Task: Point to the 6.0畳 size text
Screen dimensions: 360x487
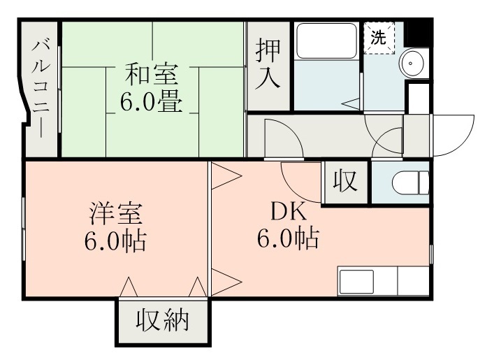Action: click(151, 103)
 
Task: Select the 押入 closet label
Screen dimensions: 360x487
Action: click(268, 64)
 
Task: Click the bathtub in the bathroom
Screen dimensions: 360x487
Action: click(326, 41)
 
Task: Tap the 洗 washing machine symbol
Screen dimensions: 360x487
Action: click(378, 38)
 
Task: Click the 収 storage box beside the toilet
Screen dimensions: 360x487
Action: click(344, 182)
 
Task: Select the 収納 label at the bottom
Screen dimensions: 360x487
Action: click(162, 321)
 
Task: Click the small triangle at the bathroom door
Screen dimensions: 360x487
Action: click(353, 103)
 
